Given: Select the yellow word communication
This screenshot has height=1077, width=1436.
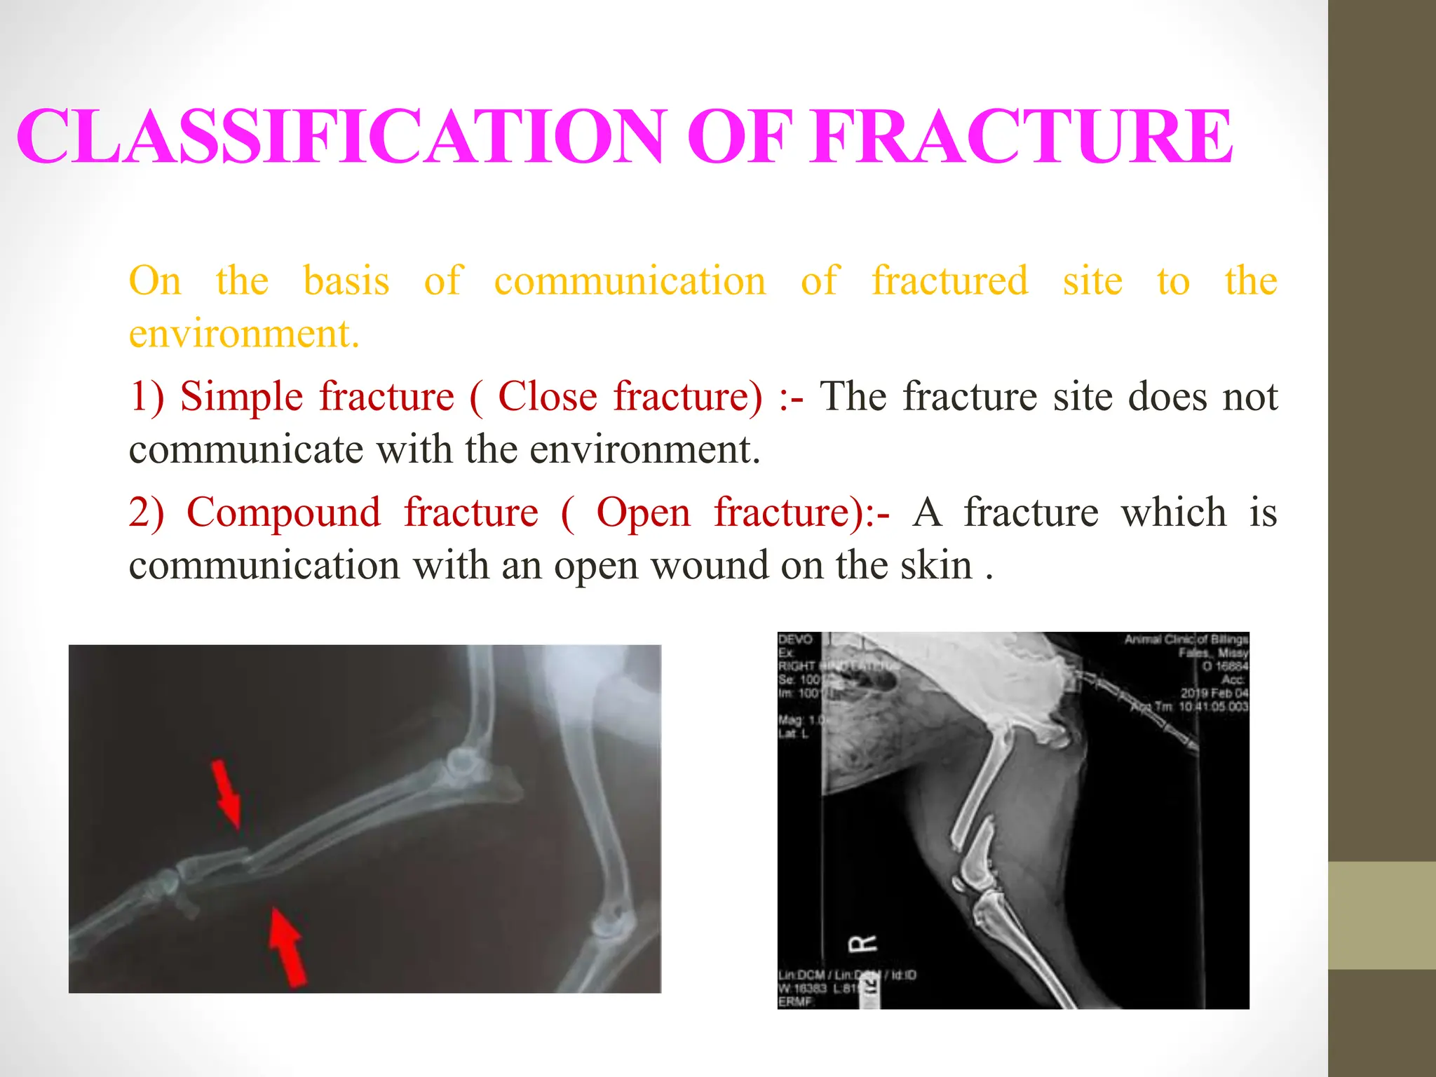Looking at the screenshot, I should tap(630, 281).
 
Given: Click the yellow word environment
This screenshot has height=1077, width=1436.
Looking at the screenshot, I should tap(243, 334).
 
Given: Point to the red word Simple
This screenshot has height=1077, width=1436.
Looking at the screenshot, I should tap(241, 397).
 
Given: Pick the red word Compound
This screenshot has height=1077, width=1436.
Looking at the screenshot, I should tap(283, 513).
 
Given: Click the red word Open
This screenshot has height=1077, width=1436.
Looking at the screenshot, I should tap(643, 513).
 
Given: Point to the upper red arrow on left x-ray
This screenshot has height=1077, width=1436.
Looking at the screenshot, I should tap(227, 792).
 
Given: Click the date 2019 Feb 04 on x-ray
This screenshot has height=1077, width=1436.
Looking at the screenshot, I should tap(1214, 693).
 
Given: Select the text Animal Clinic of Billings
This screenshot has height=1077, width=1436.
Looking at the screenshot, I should tap(1186, 639).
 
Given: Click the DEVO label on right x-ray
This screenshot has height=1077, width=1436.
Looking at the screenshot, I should tap(795, 639).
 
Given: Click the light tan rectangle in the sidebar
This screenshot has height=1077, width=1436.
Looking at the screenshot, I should tap(1382, 915).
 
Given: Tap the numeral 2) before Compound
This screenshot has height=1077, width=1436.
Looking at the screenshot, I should tap(146, 513).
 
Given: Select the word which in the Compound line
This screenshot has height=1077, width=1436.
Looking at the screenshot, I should tap(1174, 513).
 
